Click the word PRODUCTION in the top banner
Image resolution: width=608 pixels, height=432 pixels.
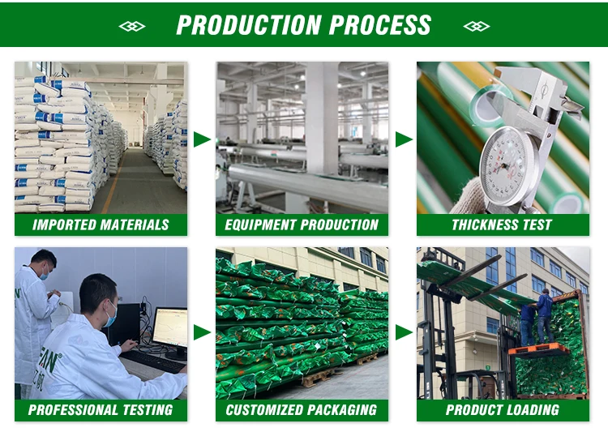click(249, 25)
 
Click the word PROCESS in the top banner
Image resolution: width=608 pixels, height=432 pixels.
click(380, 25)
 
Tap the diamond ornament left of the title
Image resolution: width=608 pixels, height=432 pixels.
click(132, 27)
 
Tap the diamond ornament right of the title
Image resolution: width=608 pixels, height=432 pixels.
click(477, 27)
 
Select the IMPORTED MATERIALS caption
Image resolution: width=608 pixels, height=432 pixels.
click(101, 225)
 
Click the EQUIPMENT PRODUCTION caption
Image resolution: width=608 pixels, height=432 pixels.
click(302, 225)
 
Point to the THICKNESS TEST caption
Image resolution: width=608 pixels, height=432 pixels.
click(502, 225)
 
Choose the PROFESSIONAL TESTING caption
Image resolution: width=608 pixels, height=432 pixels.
click(101, 410)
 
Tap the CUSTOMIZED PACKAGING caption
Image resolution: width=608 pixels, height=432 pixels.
click(302, 410)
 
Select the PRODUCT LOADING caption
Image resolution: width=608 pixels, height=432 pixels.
click(503, 410)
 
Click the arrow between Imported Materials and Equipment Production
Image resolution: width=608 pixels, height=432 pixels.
click(201, 139)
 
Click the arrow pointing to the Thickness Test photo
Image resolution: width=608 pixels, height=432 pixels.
click(403, 139)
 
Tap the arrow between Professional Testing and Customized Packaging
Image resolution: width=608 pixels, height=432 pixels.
click(201, 332)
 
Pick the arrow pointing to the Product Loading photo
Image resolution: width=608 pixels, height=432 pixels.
click(403, 332)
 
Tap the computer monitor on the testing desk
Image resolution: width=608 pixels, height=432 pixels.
click(170, 329)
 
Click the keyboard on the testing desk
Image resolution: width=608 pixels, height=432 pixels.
click(152, 361)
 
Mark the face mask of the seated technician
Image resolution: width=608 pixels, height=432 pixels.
click(111, 315)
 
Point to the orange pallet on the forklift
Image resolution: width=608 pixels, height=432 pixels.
click(538, 350)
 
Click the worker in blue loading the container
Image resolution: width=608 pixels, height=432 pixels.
click(545, 315)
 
